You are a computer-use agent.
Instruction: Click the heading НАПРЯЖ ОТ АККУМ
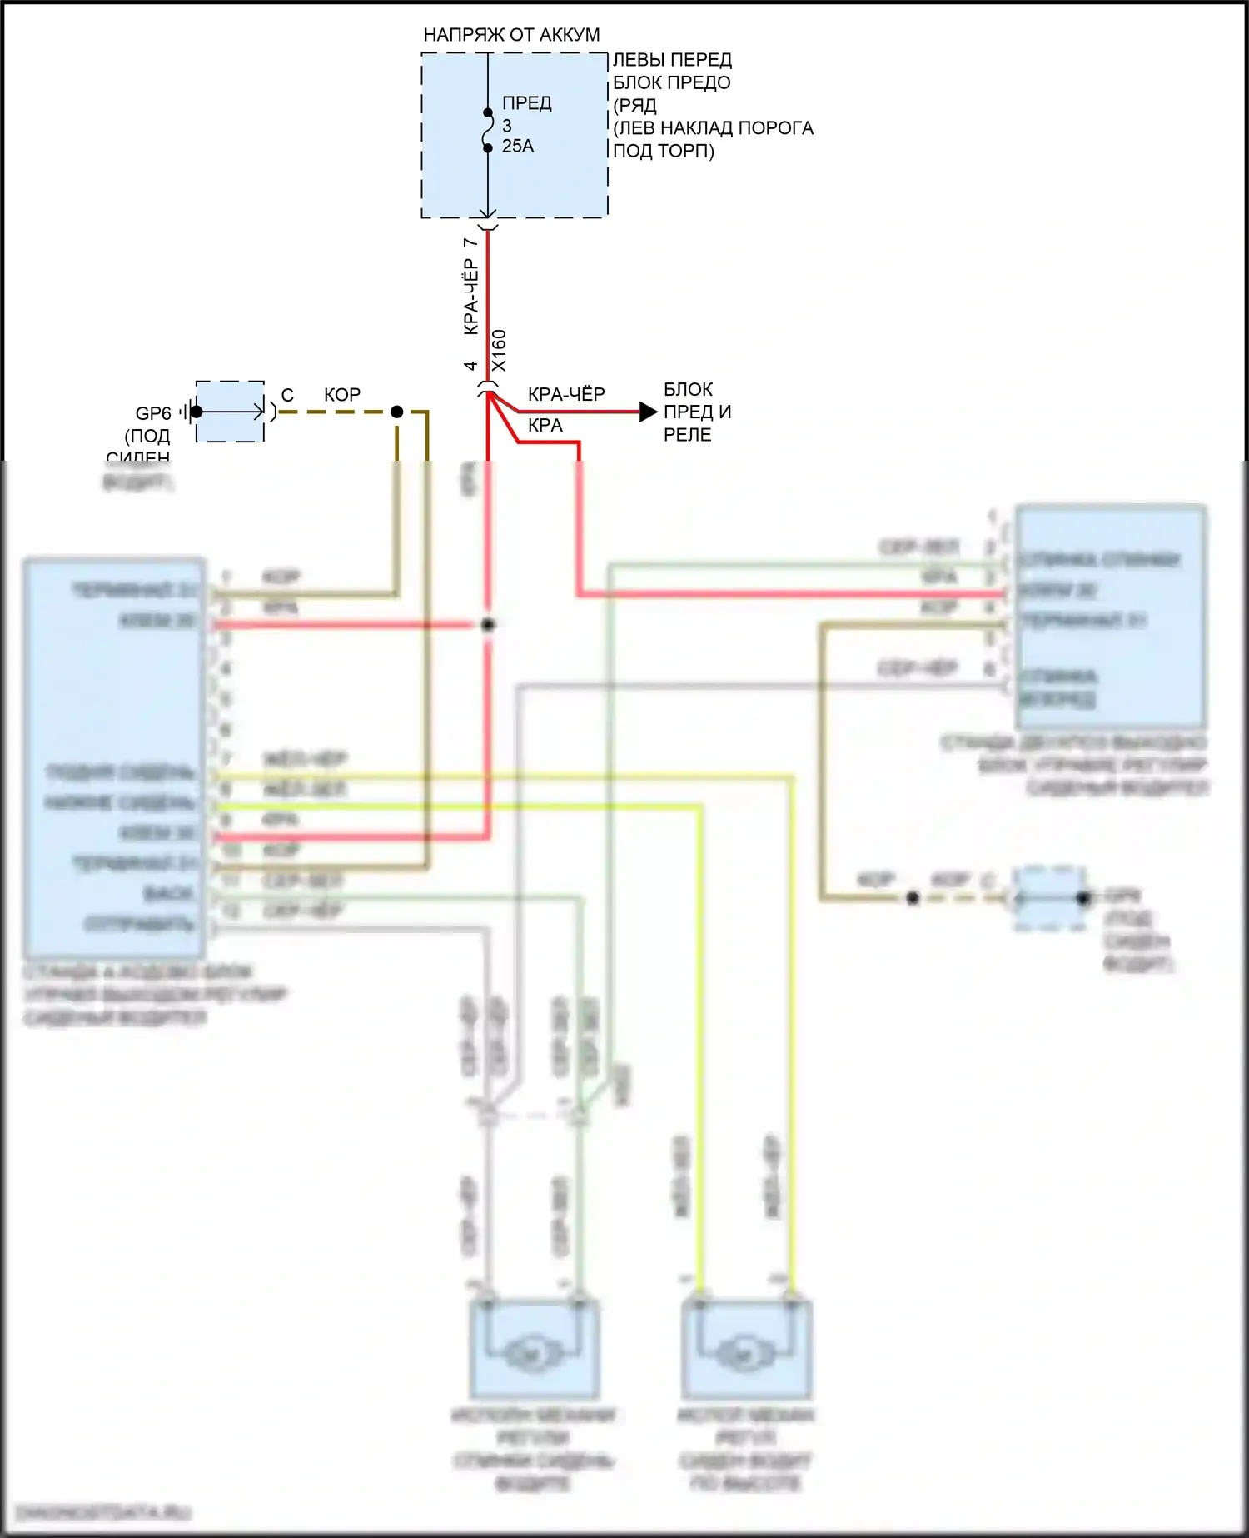point(511,35)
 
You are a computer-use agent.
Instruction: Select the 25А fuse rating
point(517,147)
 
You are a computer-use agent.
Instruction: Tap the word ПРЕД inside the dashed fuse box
point(526,103)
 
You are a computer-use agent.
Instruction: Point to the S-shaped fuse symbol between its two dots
point(488,131)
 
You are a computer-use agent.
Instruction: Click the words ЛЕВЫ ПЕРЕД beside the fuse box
point(672,60)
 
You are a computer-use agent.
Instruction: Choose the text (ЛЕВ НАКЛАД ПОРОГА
point(713,128)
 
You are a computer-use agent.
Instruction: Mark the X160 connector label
point(499,351)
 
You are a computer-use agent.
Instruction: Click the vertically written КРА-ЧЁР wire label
point(470,297)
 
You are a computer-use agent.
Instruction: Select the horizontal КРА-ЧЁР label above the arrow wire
point(566,394)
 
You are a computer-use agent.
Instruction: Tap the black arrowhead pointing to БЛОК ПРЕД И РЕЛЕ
point(648,412)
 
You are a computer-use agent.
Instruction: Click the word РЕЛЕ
point(687,435)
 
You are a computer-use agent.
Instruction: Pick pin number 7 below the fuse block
point(470,242)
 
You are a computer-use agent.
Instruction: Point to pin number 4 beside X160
point(470,366)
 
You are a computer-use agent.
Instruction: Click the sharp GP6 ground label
point(153,413)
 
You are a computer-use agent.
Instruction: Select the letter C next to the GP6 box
point(287,395)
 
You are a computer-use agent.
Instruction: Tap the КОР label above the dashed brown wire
point(342,395)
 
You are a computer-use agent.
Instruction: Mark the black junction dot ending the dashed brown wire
point(397,412)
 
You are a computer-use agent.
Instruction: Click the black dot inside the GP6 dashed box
point(197,412)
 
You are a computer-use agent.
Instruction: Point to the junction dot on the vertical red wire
point(488,624)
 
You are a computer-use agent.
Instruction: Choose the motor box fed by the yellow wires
point(746,1351)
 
